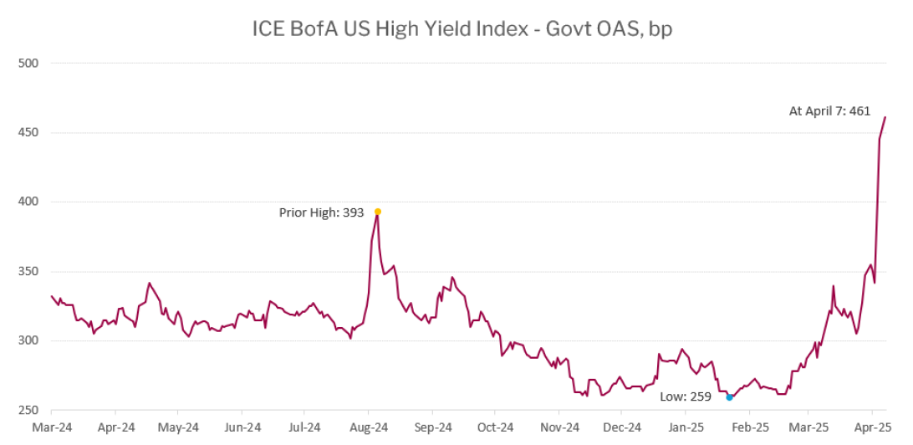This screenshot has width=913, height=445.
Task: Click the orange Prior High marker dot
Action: click(378, 212)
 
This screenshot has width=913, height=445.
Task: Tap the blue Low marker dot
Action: click(729, 397)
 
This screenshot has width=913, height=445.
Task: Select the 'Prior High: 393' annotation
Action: click(321, 212)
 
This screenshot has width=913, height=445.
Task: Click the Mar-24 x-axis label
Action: click(52, 427)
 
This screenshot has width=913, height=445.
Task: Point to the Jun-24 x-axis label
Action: click(241, 427)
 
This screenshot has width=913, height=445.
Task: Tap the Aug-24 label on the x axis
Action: click(368, 427)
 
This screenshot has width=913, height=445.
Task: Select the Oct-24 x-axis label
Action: click(494, 427)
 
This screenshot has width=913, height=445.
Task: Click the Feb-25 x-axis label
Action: click(748, 427)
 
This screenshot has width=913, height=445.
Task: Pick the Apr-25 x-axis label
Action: click(872, 427)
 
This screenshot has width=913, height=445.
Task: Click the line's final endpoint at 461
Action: click(885, 117)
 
